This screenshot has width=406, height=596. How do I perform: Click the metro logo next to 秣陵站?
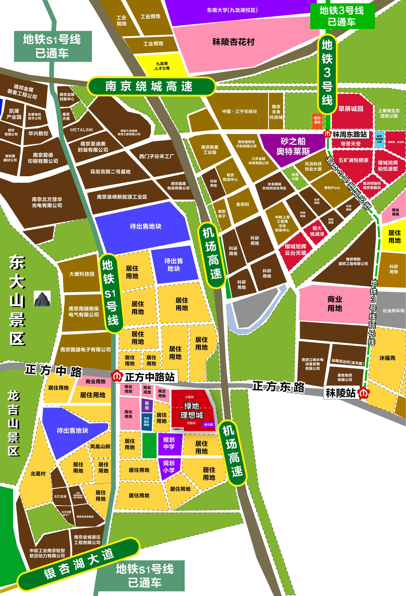[363, 393]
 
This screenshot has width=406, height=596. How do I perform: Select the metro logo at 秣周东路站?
[327, 134]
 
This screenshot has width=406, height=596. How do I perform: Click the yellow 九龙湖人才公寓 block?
[162, 66]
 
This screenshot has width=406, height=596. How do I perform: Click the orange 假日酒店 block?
[317, 120]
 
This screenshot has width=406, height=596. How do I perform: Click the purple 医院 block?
[147, 406]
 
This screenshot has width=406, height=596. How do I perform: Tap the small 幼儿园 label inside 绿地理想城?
[208, 424]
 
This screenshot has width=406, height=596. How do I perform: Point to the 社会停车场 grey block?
[393, 311]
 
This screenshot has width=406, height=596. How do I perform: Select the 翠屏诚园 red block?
[351, 109]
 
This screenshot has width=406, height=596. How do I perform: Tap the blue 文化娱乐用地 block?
[146, 421]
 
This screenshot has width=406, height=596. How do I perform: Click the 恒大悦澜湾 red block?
[317, 231]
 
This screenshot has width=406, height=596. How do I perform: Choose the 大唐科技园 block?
[82, 274]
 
